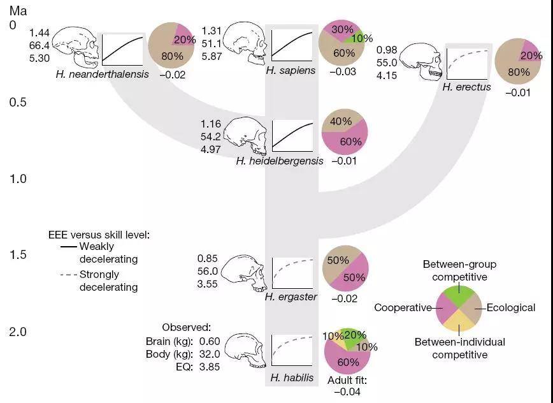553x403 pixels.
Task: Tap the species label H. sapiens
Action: pos(291,70)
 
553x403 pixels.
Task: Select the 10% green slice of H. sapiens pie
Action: pos(356,37)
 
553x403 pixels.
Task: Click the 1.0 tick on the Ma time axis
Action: pos(18,179)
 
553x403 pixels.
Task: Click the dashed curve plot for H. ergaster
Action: pos(292,273)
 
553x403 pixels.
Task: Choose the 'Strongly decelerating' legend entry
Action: pos(99,281)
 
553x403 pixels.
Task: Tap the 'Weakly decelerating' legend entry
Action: pos(99,253)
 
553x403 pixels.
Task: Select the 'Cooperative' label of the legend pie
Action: pos(403,308)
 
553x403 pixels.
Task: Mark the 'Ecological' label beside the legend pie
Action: pos(511,308)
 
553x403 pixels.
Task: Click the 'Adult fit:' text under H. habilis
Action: pos(347,381)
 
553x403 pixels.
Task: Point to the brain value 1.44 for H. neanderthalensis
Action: pos(39,33)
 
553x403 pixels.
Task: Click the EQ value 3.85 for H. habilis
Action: pos(210,367)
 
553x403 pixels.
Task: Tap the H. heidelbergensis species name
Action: pos(280,161)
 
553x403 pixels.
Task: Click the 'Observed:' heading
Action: pos(186,328)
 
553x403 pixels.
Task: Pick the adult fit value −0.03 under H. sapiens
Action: pos(343,71)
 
